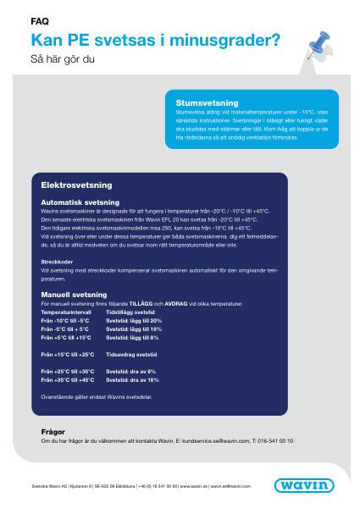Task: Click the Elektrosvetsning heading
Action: (x=76, y=184)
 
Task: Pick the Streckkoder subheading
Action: (x=56, y=262)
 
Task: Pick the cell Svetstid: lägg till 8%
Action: (x=132, y=338)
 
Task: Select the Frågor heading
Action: (x=53, y=430)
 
